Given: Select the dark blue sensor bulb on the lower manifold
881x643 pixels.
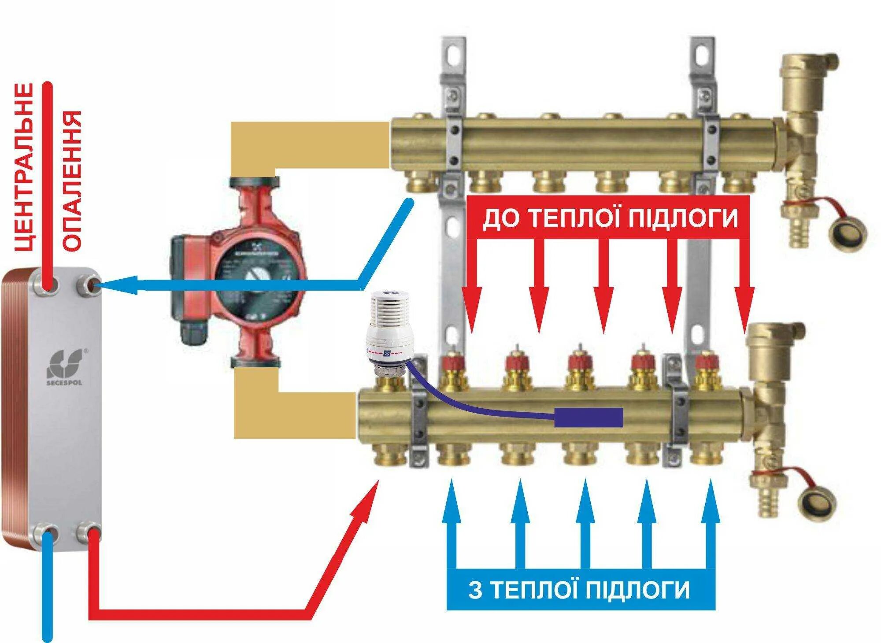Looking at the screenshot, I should click(589, 418).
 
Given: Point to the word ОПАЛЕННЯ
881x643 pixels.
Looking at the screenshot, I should click(72, 181).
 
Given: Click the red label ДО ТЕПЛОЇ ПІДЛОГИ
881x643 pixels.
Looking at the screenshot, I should click(610, 218).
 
